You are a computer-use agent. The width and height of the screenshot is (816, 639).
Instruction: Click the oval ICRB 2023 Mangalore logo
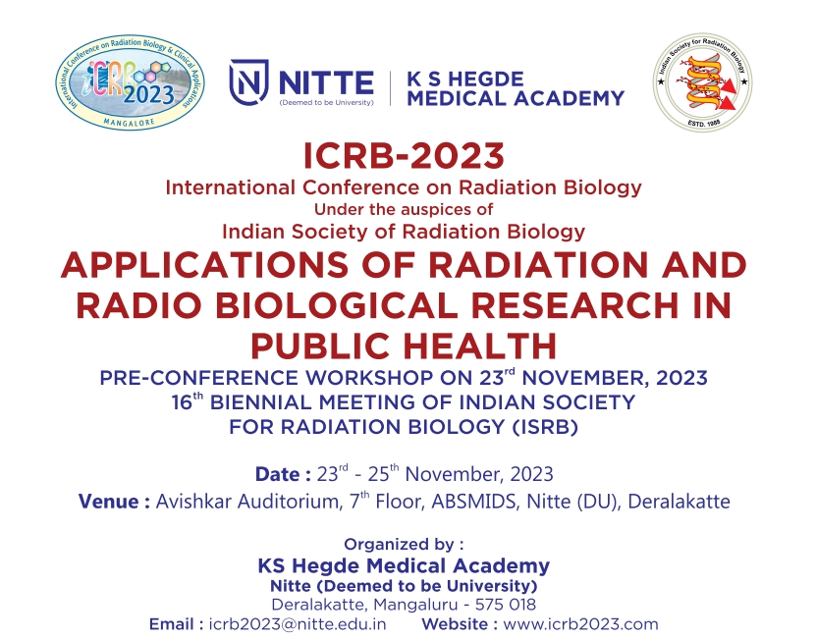(130, 82)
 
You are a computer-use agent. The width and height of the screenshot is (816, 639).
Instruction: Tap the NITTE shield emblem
(248, 82)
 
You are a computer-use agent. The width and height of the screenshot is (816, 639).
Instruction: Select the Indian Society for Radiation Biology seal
(702, 82)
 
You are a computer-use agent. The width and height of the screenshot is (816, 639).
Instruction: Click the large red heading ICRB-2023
(404, 156)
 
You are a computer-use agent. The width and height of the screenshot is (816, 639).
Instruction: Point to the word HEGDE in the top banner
(491, 80)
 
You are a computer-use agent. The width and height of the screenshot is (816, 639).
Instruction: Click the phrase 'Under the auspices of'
(404, 209)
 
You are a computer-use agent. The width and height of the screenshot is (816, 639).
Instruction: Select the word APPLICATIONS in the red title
(204, 264)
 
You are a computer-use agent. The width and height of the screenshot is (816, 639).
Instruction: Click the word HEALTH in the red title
(480, 346)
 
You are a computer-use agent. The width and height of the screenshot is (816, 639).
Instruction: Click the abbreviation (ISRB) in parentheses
(545, 427)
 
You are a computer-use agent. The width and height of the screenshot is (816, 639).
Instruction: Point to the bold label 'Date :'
(283, 474)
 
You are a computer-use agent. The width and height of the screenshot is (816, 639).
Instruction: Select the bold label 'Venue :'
(115, 502)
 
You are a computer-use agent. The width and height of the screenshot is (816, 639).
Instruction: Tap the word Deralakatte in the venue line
(680, 502)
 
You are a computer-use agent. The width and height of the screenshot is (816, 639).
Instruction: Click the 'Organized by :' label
(404, 545)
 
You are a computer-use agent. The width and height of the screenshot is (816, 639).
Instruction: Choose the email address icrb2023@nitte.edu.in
(298, 624)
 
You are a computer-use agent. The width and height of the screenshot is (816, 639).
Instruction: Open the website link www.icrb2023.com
(580, 624)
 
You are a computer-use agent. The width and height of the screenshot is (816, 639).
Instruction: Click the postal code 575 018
(506, 605)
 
